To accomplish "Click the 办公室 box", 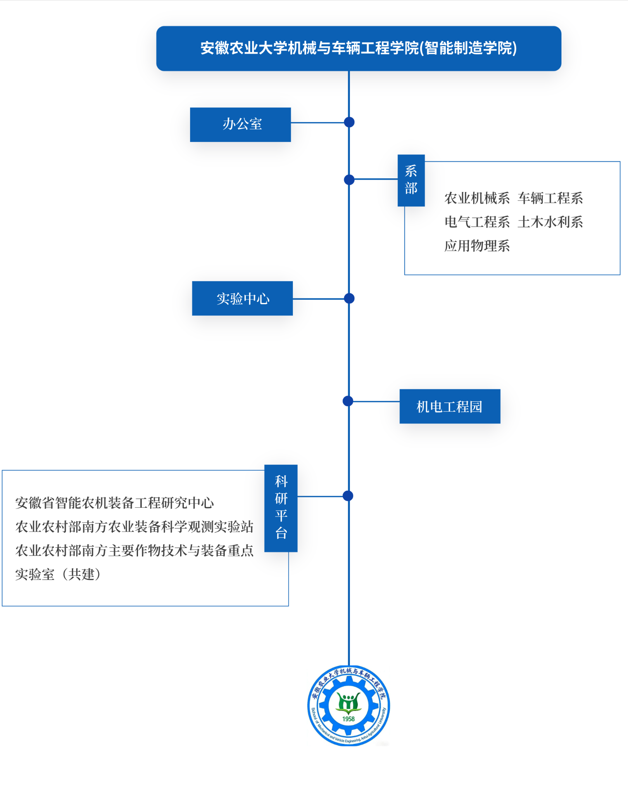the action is point(240,125).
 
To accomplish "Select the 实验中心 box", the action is point(243,298).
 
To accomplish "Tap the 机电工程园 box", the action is point(450,406).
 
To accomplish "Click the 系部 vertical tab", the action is point(411,180).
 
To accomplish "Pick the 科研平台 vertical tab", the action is point(281,508).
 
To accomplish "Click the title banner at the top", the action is point(359,49).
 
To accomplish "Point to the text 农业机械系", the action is point(477,198).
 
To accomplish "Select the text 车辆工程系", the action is point(550,198).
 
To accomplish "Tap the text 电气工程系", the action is point(477,222).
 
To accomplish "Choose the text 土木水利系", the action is point(550,222).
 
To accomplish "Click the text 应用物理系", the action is point(477,246).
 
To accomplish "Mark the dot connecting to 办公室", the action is point(349,122).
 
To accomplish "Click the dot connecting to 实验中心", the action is point(349,298).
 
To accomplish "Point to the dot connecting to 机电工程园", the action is point(348,401).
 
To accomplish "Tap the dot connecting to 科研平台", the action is point(348,496).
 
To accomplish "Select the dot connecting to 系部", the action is point(349,180).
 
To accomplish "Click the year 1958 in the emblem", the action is point(348,719).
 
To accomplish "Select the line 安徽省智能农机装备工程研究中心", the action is point(114,503).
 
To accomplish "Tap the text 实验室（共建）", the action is point(58,574).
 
